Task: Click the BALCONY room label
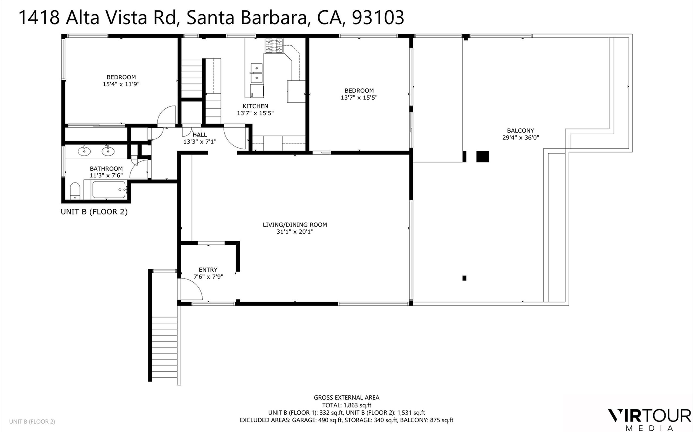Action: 520,130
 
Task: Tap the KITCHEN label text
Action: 255,106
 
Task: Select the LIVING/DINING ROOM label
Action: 295,225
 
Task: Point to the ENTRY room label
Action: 208,270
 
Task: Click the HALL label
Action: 200,135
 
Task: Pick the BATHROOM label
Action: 106,169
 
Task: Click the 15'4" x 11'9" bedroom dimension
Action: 121,84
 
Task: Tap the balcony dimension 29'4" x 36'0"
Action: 520,137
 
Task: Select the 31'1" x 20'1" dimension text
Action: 295,232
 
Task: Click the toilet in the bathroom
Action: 75,191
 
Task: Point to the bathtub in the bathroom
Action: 108,190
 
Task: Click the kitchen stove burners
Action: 274,45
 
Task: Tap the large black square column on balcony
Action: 483,157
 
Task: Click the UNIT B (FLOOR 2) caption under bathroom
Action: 94,212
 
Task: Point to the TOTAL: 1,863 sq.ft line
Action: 347,405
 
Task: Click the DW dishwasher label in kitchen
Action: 252,94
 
